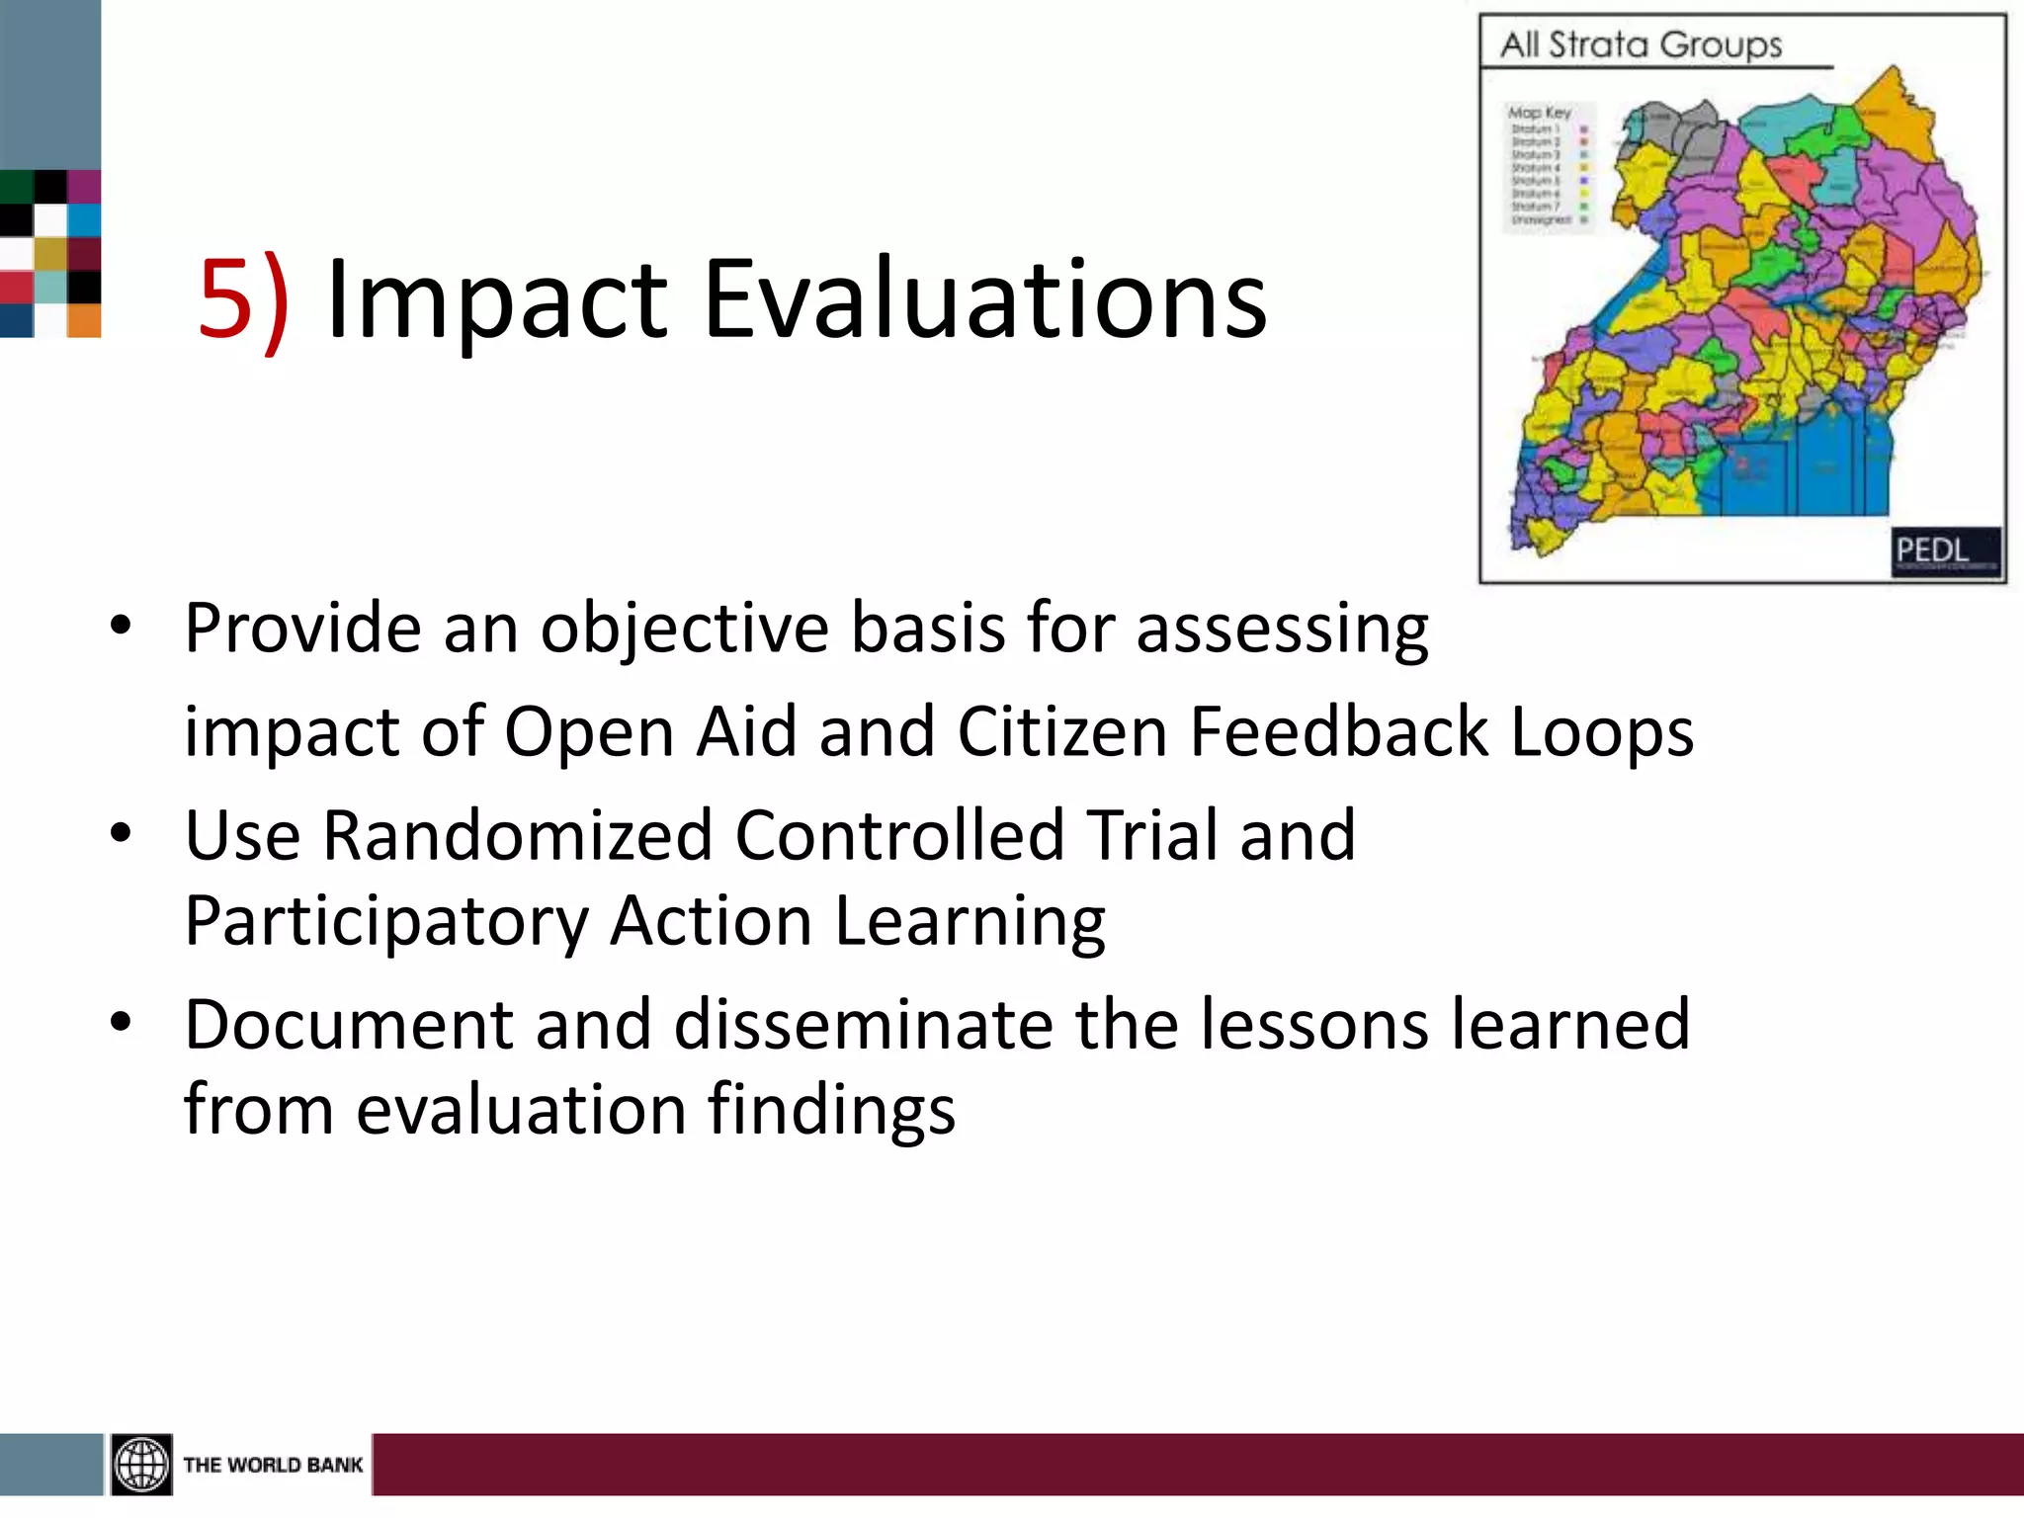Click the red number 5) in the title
coord(243,299)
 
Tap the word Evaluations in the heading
coord(984,299)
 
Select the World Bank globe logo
coord(141,1464)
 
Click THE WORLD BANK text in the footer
coord(273,1465)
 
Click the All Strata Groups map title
coord(1642,45)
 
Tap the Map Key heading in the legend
coord(1539,113)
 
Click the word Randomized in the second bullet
coord(517,836)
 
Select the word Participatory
coord(386,922)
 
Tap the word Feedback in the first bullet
coord(1339,732)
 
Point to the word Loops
coord(1602,732)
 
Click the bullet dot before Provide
coord(121,627)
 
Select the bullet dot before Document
coord(121,1023)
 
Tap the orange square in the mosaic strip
coord(84,321)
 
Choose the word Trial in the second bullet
coord(1151,836)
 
